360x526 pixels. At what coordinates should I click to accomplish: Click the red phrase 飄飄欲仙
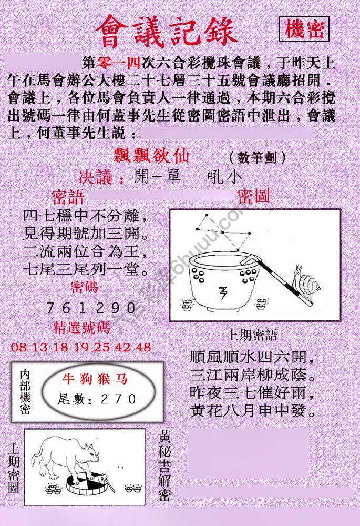[152, 156]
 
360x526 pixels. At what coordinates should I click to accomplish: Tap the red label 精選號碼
[82, 328]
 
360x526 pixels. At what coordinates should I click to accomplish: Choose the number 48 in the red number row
[143, 347]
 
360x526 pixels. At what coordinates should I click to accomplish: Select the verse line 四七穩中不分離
[84, 217]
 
